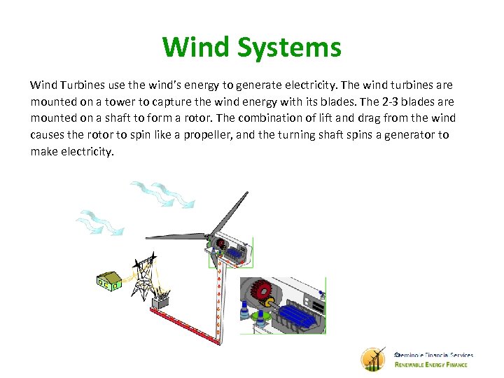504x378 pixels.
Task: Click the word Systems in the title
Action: (x=289, y=48)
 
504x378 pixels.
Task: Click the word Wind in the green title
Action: (x=196, y=48)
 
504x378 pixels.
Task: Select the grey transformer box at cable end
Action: (x=163, y=302)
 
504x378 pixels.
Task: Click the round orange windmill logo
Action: (x=373, y=359)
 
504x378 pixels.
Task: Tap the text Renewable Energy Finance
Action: (x=430, y=365)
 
